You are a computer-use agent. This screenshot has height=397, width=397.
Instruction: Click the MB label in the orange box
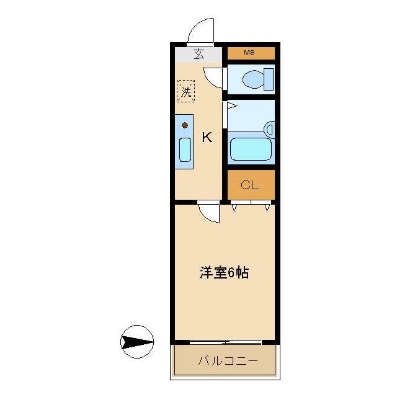pos(249,53)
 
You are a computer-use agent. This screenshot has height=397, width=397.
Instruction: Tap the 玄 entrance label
pos(198,54)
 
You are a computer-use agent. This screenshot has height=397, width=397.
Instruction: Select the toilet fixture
pos(254,79)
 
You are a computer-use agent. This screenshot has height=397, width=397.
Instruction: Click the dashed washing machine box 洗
pos(185,91)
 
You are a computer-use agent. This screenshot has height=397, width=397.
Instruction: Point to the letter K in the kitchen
pos(207,138)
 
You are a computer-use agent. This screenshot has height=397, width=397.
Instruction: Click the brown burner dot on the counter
pos(185,125)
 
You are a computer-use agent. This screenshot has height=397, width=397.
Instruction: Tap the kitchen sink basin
pos(185,149)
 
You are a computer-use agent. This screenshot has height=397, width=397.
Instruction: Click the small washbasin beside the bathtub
pos(269,129)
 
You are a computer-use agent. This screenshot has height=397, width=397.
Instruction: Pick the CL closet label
pos(249,184)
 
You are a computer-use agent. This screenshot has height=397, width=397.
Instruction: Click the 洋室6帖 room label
pos(224,272)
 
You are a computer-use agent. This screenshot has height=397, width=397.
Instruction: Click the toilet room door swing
pos(215,78)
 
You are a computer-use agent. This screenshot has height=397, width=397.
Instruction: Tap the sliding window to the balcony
pos(225,342)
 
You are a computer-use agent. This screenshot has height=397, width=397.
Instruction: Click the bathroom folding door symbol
pos(229,107)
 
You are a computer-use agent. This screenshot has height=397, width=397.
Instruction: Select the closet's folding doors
pos(251,206)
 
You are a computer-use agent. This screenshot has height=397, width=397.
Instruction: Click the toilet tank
pos(269,79)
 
